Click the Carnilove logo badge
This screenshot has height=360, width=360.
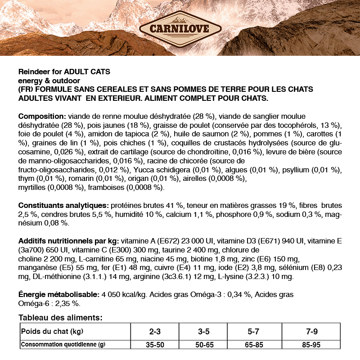coord(180,30)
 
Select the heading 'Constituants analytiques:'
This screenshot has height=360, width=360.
coord(63,204)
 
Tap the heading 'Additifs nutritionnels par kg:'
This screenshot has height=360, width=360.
coord(69,240)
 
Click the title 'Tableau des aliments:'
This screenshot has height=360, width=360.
coord(60,318)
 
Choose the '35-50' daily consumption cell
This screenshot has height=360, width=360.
coord(154,345)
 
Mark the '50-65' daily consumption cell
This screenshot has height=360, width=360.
coord(203,345)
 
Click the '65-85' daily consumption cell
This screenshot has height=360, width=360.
coord(253,345)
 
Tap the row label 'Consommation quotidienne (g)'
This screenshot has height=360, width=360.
coord(63,345)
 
